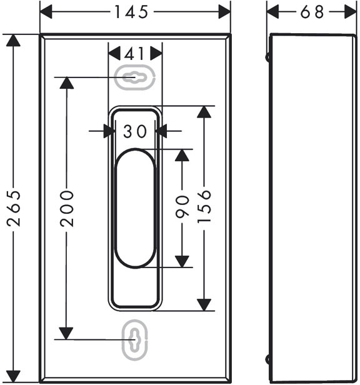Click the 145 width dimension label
(x=131, y=12)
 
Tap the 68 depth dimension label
(x=312, y=12)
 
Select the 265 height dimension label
(x=14, y=208)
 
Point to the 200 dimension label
(x=67, y=208)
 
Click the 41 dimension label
(x=134, y=54)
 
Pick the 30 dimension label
(x=135, y=131)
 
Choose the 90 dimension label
(x=182, y=207)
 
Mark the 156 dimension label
(x=204, y=206)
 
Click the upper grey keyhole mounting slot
(x=135, y=77)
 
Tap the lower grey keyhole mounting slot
(x=135, y=339)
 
